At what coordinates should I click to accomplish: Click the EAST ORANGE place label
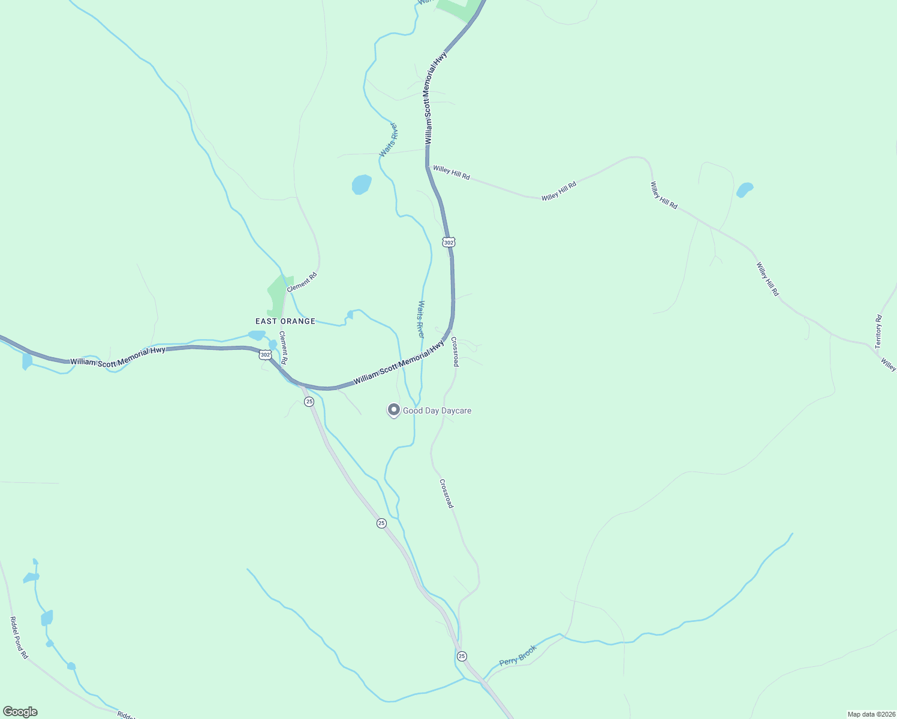285,321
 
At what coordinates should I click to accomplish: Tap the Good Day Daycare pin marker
394,410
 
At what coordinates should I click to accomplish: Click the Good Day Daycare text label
437,410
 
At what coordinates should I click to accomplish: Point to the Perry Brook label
518,655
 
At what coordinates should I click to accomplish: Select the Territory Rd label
878,332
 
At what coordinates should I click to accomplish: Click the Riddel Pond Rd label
19,638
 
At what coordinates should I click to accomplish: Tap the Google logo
20,712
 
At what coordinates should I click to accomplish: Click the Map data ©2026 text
871,714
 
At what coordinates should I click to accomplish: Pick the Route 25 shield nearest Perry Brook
462,657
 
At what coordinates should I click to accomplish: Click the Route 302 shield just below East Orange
265,355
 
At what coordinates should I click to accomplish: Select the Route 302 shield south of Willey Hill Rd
448,242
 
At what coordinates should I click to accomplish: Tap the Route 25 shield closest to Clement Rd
309,401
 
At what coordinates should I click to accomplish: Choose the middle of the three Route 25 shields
381,523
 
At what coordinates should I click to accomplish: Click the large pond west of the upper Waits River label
362,184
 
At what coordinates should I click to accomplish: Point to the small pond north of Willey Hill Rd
745,190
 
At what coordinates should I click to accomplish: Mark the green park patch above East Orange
278,295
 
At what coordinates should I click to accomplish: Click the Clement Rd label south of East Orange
284,348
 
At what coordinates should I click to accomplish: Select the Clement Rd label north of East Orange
302,282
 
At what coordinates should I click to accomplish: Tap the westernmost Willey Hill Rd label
451,173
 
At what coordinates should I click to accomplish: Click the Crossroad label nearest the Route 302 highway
455,352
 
